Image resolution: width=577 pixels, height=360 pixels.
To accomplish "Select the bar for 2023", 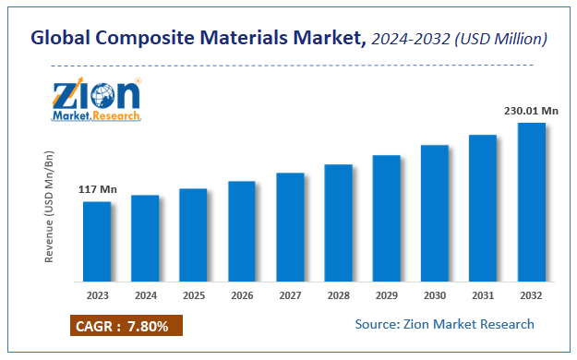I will (x=97, y=241).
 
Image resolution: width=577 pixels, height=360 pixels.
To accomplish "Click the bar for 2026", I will (x=242, y=231).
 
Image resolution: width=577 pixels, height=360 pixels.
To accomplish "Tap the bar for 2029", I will (x=386, y=218).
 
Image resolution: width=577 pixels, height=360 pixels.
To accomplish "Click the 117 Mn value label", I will (x=97, y=190).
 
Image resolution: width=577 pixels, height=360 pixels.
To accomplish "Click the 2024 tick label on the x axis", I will (x=145, y=295).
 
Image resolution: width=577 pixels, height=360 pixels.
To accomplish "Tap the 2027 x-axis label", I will (x=290, y=295).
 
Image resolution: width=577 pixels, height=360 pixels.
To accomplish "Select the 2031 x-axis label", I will (x=483, y=295).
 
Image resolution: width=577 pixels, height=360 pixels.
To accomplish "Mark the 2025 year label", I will (x=193, y=295).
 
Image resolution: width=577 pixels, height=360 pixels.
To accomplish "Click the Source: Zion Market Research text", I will (x=444, y=324).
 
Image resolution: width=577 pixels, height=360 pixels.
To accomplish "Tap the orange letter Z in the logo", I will (x=67, y=96).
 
